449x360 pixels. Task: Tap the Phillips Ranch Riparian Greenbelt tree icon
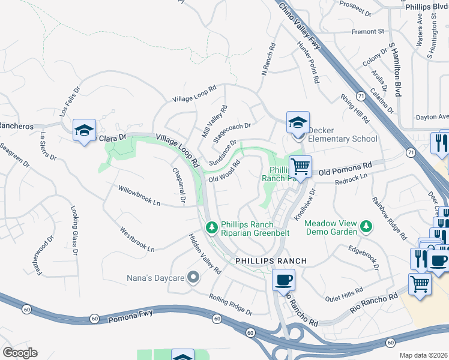click(x=211, y=227)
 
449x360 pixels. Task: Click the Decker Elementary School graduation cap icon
click(x=297, y=123)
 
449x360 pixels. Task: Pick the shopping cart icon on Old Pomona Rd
click(x=300, y=166)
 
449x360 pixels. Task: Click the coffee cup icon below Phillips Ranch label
click(x=283, y=280)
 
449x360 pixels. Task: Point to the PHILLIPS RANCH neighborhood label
click(x=271, y=261)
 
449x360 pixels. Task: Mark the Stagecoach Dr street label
click(x=232, y=131)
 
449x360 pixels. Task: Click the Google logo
click(x=20, y=353)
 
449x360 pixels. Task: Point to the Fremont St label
click(x=368, y=31)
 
